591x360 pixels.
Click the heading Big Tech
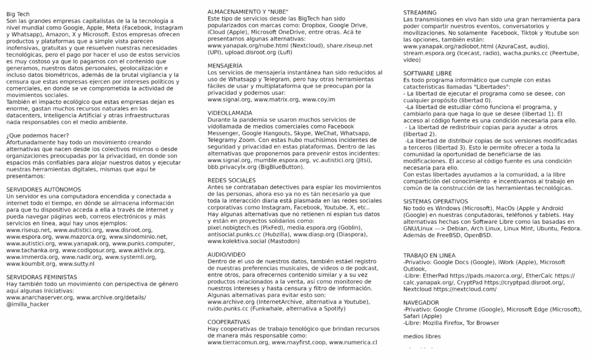18,13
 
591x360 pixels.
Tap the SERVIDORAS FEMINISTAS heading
41,277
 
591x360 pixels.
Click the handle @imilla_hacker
28,303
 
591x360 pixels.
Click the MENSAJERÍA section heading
225,66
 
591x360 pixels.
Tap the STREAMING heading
420,12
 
